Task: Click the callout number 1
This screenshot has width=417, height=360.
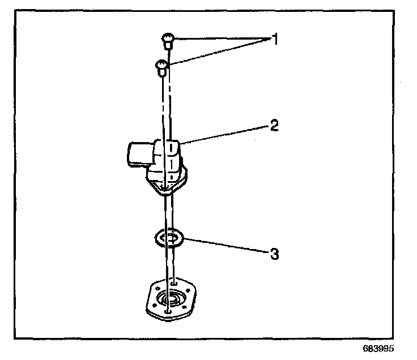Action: pos(275,40)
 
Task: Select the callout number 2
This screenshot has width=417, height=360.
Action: pos(274,126)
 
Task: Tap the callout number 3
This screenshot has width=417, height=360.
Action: pos(274,254)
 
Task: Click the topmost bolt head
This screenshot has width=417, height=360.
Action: pos(168,40)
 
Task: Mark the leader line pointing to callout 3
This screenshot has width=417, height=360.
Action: pos(224,247)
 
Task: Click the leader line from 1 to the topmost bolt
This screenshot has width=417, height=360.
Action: pos(221,38)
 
